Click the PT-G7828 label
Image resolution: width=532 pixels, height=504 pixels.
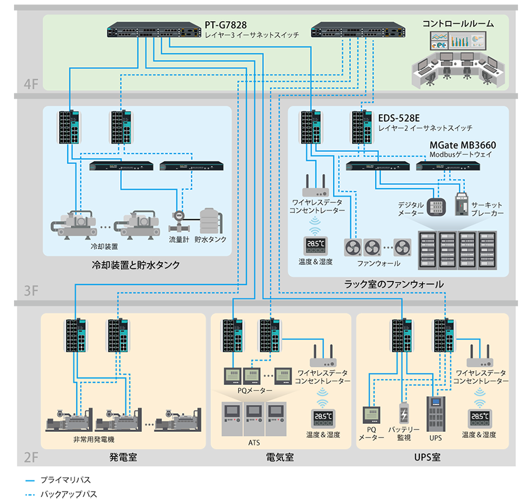point(226,25)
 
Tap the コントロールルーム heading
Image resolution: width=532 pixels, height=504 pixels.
point(458,24)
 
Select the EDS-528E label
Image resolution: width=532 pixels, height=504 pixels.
point(399,118)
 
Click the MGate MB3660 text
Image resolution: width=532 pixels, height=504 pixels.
point(462,145)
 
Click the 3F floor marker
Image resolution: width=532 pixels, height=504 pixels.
point(31,291)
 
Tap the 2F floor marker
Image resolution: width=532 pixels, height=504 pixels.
point(31,457)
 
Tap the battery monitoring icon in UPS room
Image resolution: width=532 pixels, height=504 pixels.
point(404,414)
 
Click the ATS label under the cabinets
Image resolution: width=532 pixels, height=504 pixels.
point(254,442)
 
